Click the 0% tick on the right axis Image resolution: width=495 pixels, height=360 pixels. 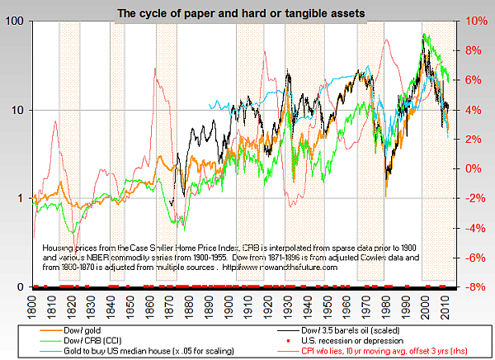pyautogui.click(x=472, y=169)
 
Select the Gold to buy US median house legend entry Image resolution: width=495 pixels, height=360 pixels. pyautogui.click(x=135, y=352)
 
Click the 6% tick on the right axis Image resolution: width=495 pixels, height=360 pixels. pyautogui.click(x=472, y=80)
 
